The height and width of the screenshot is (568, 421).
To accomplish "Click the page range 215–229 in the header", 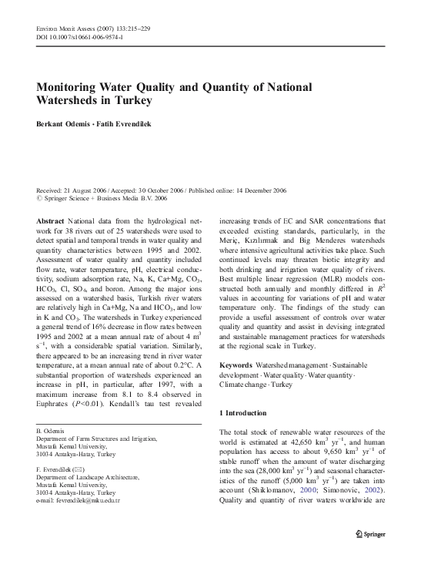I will (136, 28).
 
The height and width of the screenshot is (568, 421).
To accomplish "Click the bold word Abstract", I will (51, 220).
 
